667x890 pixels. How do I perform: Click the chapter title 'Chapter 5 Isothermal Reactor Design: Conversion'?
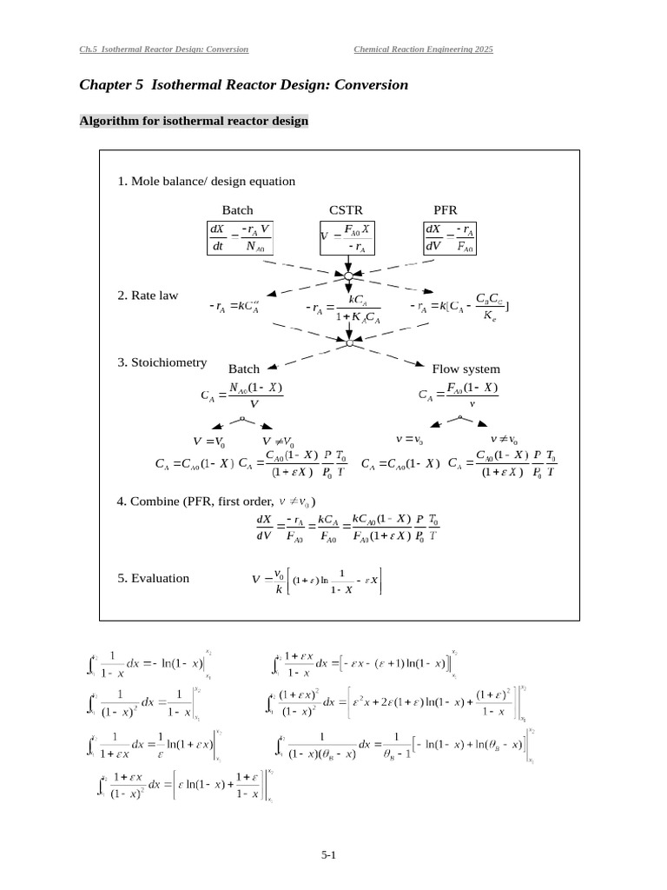click(243, 85)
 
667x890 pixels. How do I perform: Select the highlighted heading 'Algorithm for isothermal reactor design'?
click(194, 121)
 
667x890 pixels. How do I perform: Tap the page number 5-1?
click(328, 855)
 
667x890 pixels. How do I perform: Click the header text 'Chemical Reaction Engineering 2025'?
click(423, 50)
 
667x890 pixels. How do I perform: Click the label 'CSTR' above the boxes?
click(346, 210)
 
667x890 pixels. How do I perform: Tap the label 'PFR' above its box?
click(445, 210)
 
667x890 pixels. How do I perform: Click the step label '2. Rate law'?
click(148, 296)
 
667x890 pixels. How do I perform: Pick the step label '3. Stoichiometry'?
click(162, 362)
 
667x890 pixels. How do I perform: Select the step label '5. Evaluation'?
click(153, 578)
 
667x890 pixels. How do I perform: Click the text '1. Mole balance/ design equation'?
click(206, 182)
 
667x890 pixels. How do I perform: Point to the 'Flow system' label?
click(466, 369)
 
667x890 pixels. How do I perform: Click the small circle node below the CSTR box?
click(347, 275)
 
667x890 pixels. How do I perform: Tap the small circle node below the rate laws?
click(348, 343)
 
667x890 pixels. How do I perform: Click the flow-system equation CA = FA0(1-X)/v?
click(458, 395)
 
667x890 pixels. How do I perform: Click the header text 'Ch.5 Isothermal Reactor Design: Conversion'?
click(163, 50)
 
